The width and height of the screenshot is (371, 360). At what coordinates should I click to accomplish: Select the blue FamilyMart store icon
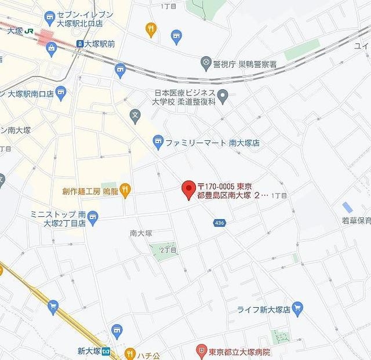pos(158,141)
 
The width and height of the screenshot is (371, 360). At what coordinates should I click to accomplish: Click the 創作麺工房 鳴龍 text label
pos(90,191)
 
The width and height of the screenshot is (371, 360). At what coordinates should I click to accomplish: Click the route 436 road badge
pos(235,222)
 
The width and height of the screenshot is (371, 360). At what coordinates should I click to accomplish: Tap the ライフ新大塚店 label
pos(263,308)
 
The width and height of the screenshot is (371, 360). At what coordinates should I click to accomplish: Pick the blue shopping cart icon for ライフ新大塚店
pos(298,308)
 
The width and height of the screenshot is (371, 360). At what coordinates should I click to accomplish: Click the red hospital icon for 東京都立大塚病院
pos(201,350)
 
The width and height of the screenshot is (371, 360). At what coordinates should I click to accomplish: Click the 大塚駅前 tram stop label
pos(99,43)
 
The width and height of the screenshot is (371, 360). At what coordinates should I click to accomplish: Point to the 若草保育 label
pos(356,221)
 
